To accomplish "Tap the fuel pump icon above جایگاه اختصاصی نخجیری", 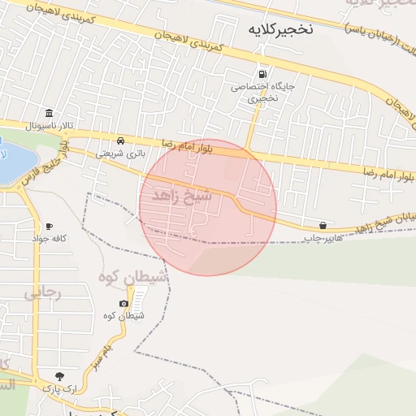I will (x=261, y=72).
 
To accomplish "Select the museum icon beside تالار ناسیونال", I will (x=50, y=113).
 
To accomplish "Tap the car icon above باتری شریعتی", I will (x=120, y=140).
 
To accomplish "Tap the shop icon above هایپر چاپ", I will (x=324, y=225).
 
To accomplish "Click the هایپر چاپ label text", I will (x=324, y=239).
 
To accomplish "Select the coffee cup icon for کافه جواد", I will (x=50, y=226).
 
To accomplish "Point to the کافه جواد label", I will (x=47, y=239).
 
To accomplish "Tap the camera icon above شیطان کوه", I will (x=123, y=303).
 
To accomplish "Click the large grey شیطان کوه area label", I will (x=133, y=277).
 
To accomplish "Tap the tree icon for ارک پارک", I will (x=59, y=376).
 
